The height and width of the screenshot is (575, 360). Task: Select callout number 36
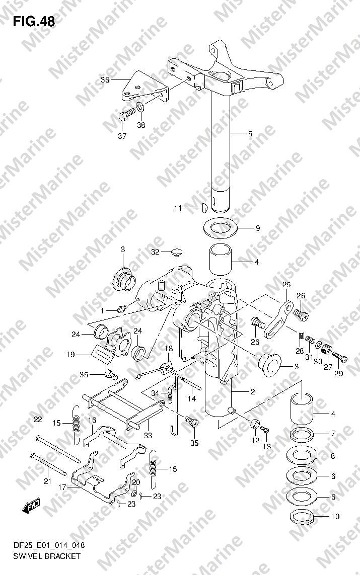105,79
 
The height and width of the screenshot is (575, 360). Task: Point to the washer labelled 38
140,107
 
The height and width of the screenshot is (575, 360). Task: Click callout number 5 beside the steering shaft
250,133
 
